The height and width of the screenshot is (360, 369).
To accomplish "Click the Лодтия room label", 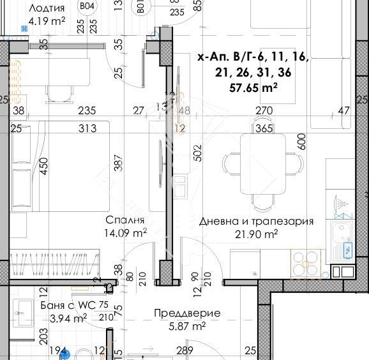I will pyautogui.click(x=47, y=9).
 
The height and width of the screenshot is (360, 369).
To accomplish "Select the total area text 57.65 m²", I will pyautogui.click(x=253, y=89).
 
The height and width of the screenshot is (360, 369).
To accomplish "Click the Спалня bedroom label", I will pyautogui.click(x=126, y=220).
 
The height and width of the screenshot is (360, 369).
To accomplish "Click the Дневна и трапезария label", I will pyautogui.click(x=256, y=221).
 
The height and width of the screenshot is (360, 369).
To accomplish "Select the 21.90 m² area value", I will pyautogui.click(x=256, y=235).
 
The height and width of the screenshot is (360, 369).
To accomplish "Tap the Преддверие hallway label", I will pyautogui.click(x=187, y=313).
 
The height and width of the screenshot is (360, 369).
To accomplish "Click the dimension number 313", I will pyautogui.click(x=87, y=129).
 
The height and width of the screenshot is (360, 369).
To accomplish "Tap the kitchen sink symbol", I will pyautogui.click(x=342, y=230).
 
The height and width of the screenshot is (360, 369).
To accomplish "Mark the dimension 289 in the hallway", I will pyautogui.click(x=184, y=351).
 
